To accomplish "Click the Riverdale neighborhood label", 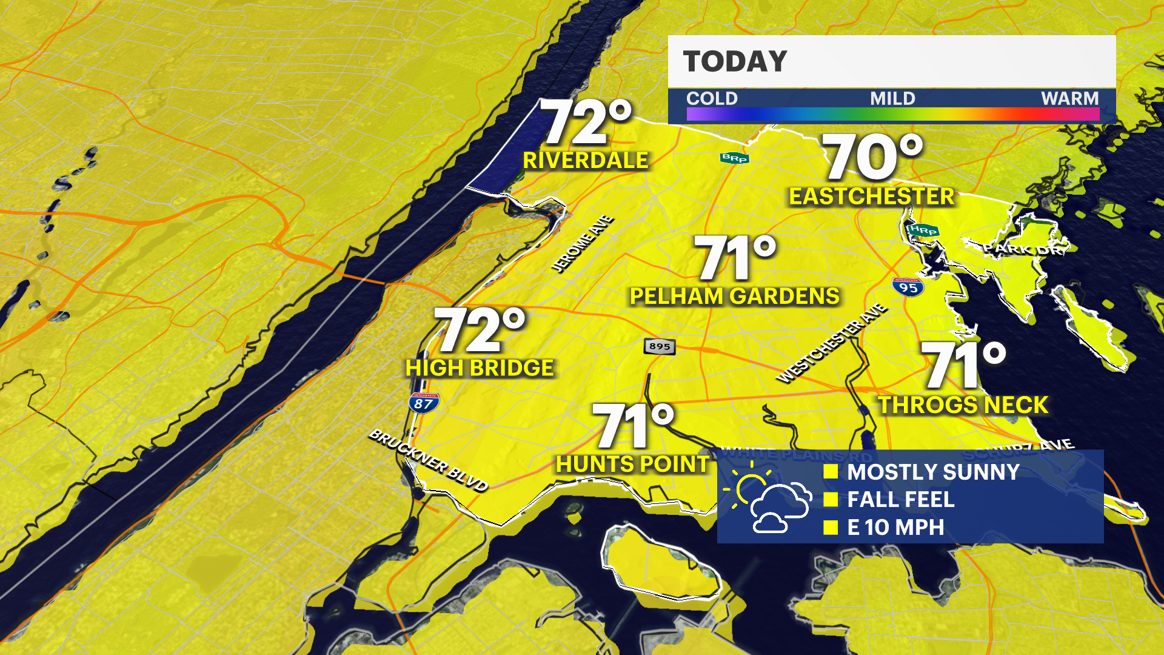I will [x=586, y=161].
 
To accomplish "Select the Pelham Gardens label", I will [x=735, y=297].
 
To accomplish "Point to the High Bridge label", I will [x=480, y=368].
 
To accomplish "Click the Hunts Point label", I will [x=632, y=465].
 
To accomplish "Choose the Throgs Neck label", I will [x=963, y=405].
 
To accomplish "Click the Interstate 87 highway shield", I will [x=424, y=403].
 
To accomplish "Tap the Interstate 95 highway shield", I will [x=908, y=287].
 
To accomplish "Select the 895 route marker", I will [x=660, y=346].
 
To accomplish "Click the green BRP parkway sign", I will [x=734, y=158].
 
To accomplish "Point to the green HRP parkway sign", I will [x=923, y=230].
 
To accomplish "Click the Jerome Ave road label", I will [x=582, y=244].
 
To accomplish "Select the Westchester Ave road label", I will [x=831, y=343].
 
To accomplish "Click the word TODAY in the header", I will [x=735, y=62].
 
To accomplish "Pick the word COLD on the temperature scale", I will [x=712, y=98].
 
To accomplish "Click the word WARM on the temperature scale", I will [x=1069, y=98].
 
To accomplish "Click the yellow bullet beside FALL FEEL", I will [x=831, y=500].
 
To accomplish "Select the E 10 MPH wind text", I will [x=895, y=528].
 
